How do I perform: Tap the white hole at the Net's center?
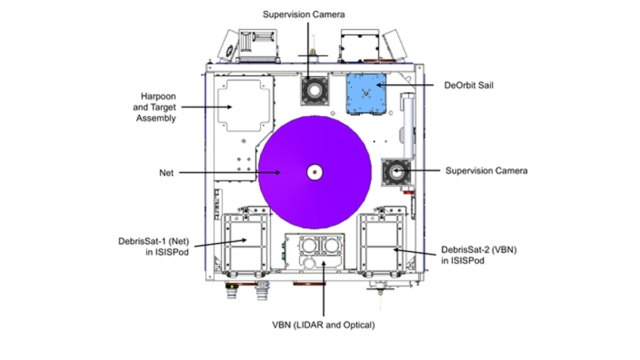click(x=315, y=172)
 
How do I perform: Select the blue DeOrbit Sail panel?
click(x=366, y=94)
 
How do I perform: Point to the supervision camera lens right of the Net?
click(x=396, y=172)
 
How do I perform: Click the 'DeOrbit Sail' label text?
click(x=469, y=85)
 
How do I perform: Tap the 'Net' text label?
click(x=166, y=173)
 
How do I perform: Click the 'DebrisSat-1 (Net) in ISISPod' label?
click(x=153, y=246)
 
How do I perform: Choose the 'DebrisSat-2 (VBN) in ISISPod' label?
click(x=471, y=254)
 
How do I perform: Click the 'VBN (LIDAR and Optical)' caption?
click(x=324, y=325)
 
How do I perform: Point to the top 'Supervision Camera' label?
click(x=304, y=14)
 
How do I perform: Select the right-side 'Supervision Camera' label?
click(x=486, y=171)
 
